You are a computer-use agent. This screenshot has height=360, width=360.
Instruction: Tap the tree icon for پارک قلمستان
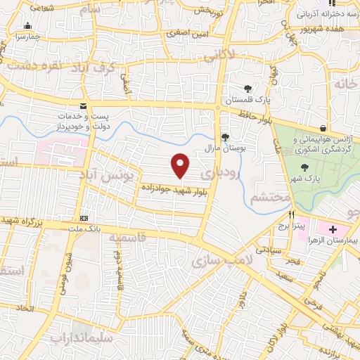point(247,88)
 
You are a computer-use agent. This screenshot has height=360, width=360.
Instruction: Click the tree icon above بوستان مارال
point(225,137)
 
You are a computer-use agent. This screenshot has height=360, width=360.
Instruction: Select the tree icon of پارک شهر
point(304,167)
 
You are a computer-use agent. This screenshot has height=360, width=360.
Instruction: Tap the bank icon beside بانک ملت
point(84,217)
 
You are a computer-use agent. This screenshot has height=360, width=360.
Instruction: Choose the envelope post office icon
point(84,105)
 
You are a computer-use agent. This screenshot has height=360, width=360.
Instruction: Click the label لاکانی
point(219,52)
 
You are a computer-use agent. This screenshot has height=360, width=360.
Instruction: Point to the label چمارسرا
point(27,36)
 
